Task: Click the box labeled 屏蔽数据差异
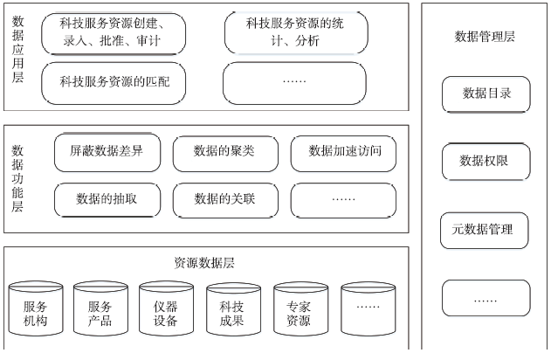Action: pyautogui.click(x=107, y=152)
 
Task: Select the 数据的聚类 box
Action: pyautogui.click(x=225, y=154)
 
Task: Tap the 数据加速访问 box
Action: pyautogui.click(x=343, y=154)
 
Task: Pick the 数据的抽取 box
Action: pyautogui.click(x=107, y=200)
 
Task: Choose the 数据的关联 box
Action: pyautogui.click(x=225, y=200)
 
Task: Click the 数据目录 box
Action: pyautogui.click(x=486, y=94)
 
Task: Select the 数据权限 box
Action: pyautogui.click(x=486, y=162)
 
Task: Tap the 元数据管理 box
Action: pyautogui.click(x=485, y=231)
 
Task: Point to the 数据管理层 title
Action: pyautogui.click(x=485, y=37)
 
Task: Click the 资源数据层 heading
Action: pyautogui.click(x=204, y=263)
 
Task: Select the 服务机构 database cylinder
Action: pyautogui.click(x=36, y=308)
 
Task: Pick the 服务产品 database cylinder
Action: pyautogui.click(x=100, y=308)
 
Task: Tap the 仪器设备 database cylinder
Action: pyautogui.click(x=166, y=308)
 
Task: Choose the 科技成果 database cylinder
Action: pyautogui.click(x=233, y=309)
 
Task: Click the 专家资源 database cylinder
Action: pyautogui.click(x=300, y=308)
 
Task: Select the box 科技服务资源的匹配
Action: pyautogui.click(x=114, y=83)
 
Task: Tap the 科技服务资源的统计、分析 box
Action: pyautogui.click(x=296, y=32)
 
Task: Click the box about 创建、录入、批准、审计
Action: pyautogui.click(x=114, y=34)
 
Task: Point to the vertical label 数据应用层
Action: pyautogui.click(x=18, y=49)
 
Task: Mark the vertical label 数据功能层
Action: pyautogui.click(x=17, y=178)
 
